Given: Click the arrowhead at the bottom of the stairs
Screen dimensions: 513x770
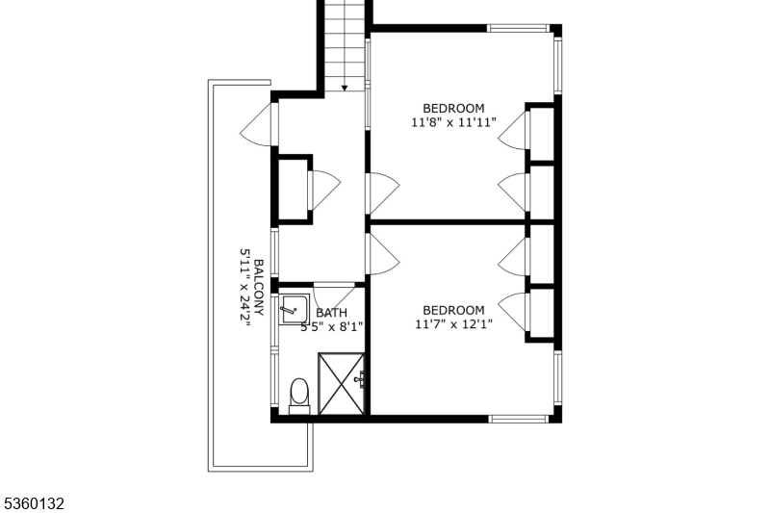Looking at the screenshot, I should point(345,88).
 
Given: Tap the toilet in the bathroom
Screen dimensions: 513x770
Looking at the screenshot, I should point(298,393).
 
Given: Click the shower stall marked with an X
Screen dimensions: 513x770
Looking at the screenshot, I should point(342,383).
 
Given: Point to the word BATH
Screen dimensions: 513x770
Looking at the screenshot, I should point(331,313).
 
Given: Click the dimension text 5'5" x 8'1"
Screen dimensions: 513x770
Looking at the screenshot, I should point(331,327).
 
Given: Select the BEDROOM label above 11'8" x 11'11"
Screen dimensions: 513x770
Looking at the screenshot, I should point(453,109).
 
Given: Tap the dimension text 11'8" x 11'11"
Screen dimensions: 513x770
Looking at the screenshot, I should point(453,123).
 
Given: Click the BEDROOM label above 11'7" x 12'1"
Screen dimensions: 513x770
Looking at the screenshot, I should point(453,310).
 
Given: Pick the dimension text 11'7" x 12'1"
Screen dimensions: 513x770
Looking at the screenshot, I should point(453,325).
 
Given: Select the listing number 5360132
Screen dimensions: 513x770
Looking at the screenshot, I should point(34,502).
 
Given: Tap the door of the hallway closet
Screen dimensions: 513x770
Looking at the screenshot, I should point(322,189).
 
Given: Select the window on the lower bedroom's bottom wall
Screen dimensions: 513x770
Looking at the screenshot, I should point(520,419).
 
